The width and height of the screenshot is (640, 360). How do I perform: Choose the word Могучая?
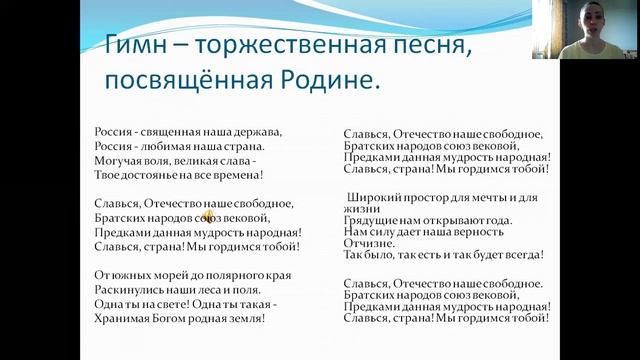pyautogui.click(x=120, y=160)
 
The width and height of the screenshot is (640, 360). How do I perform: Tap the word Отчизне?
pyautogui.click(x=368, y=242)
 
